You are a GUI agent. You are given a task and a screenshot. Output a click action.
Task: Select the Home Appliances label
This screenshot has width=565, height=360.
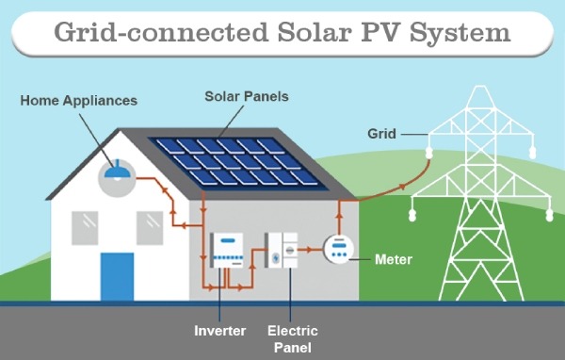(79, 100)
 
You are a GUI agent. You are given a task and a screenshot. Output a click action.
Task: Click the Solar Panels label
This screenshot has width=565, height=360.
(246, 96)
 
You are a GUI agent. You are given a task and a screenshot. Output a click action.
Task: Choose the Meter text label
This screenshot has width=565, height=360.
(392, 257)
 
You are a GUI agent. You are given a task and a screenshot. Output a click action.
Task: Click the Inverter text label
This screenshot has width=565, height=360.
(219, 331)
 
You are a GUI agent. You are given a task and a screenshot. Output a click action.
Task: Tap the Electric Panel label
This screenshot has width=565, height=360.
(292, 338)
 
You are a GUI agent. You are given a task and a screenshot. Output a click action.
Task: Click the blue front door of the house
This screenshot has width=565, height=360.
(117, 276)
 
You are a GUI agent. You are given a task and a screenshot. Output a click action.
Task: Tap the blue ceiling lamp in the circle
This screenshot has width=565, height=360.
(117, 172)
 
